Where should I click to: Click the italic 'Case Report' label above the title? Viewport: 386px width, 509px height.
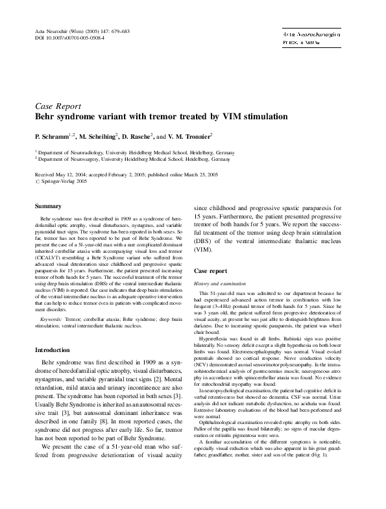tap(58, 106)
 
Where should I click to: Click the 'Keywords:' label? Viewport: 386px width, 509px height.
tap(51, 320)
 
